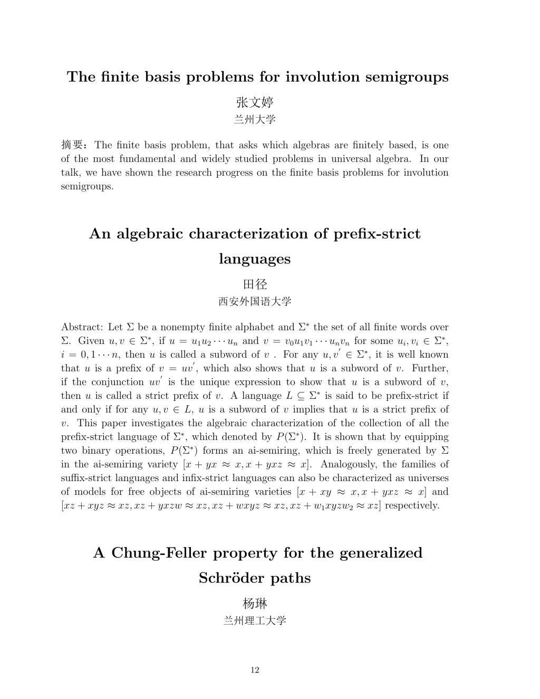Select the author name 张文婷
pos(255,102)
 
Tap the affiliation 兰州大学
pos(255,120)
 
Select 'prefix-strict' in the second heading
pos(377,234)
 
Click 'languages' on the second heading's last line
pos(255,259)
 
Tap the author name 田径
pos(255,284)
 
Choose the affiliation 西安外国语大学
pos(255,302)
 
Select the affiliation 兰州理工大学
pos(255,621)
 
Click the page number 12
pos(255,670)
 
